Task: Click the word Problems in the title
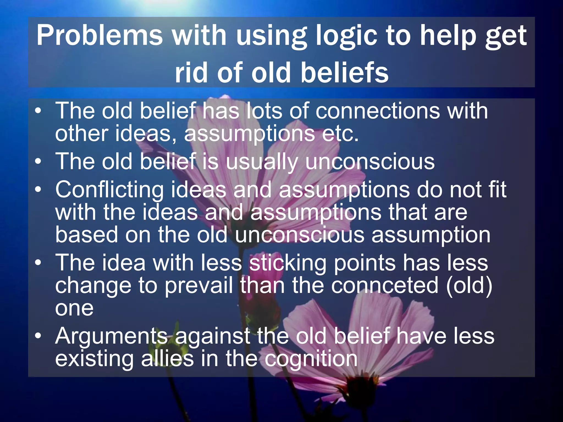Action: [100, 36]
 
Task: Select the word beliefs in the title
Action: [344, 73]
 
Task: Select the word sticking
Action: [288, 263]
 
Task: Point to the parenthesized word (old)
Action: [469, 286]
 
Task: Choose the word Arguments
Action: [111, 337]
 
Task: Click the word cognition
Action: [311, 359]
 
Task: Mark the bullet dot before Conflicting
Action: [38, 189]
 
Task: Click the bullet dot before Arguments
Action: [38, 336]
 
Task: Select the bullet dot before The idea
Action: [38, 263]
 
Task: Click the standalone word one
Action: [74, 309]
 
